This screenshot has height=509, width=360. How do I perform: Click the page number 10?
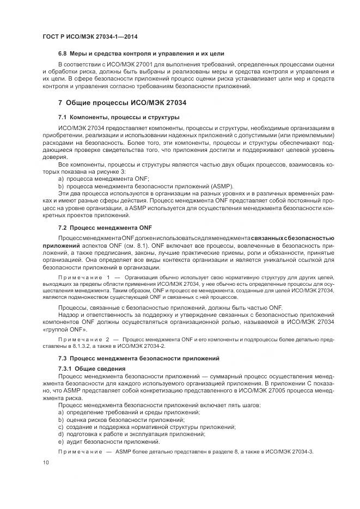click(x=45, y=462)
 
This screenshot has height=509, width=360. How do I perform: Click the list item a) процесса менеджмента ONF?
click(x=103, y=178)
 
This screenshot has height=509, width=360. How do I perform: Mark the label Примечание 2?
click(x=84, y=338)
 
